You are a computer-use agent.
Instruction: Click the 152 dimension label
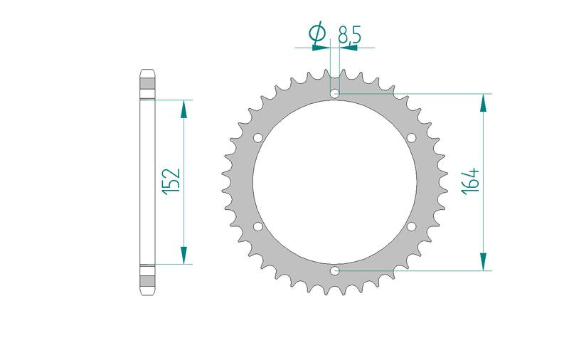[x=171, y=181]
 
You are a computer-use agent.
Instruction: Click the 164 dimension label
[x=471, y=181]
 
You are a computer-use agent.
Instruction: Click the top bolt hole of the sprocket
[x=334, y=94]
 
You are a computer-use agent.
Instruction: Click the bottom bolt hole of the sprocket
[x=334, y=271]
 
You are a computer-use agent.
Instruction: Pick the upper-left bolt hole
[x=258, y=138]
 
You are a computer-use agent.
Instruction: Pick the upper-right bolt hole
[x=411, y=138]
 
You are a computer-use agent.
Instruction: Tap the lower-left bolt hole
[x=258, y=227]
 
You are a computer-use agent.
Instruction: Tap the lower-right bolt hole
[x=411, y=227]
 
